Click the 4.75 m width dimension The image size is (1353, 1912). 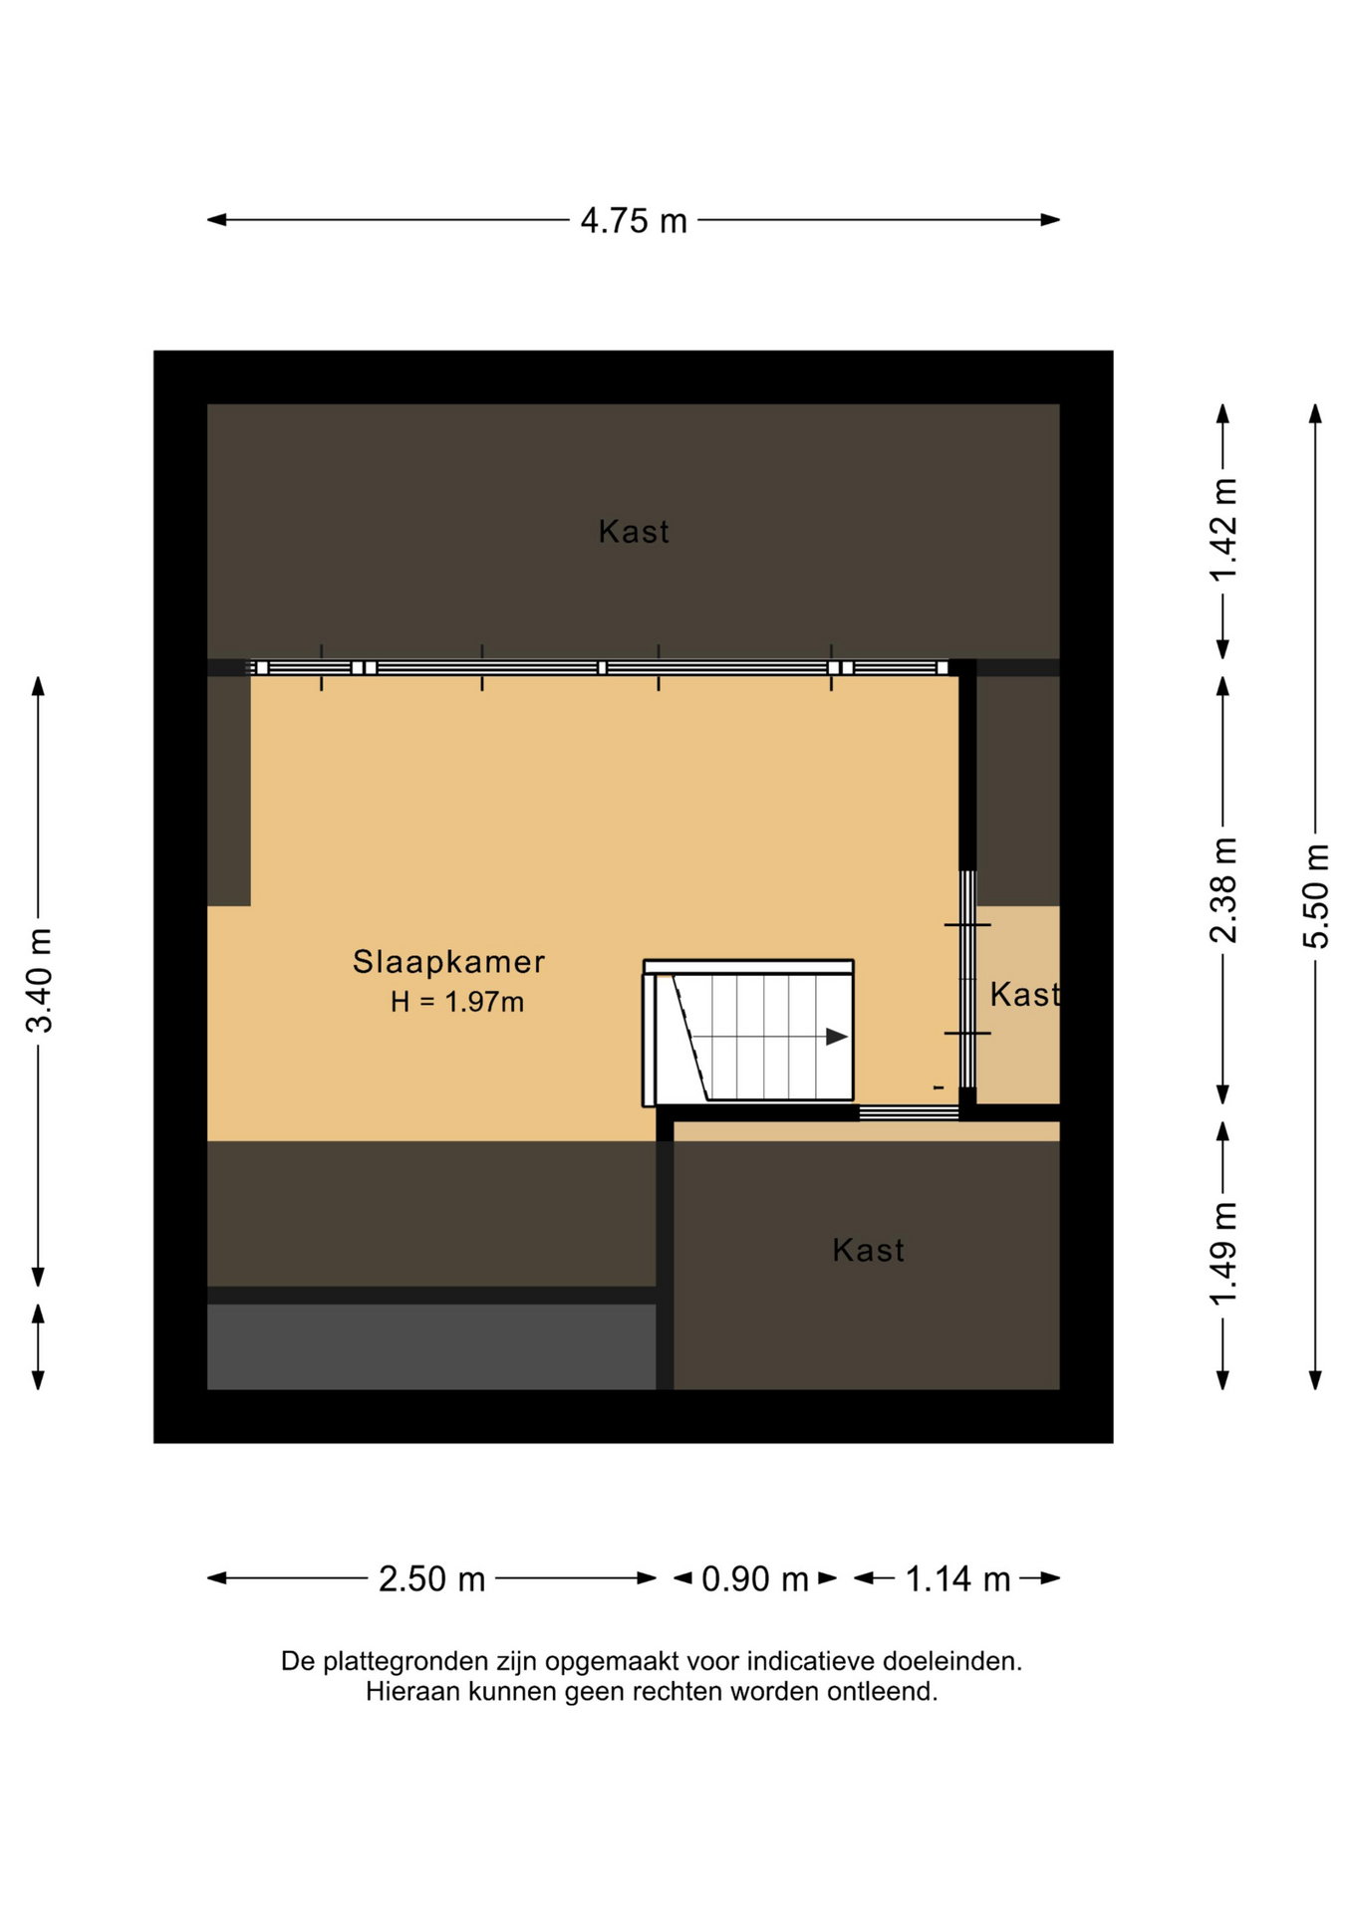[x=634, y=220]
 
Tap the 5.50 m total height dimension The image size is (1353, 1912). [x=1316, y=896]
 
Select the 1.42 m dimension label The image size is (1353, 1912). [x=1223, y=530]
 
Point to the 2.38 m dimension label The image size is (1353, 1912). [x=1223, y=890]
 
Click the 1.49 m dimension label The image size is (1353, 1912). [x=1223, y=1253]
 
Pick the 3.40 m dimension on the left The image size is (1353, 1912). [x=39, y=980]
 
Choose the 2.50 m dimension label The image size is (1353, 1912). [x=431, y=1578]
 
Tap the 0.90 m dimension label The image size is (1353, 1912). [x=755, y=1578]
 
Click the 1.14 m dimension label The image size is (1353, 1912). [x=957, y=1578]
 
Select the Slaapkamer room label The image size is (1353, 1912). [x=449, y=962]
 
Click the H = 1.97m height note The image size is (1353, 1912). [x=457, y=1002]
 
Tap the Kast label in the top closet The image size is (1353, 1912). [x=634, y=532]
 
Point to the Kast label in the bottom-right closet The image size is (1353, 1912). [x=869, y=1251]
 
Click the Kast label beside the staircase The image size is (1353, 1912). [x=1024, y=995]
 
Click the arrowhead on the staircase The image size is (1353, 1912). [x=837, y=1037]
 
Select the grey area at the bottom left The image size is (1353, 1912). [x=431, y=1346]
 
